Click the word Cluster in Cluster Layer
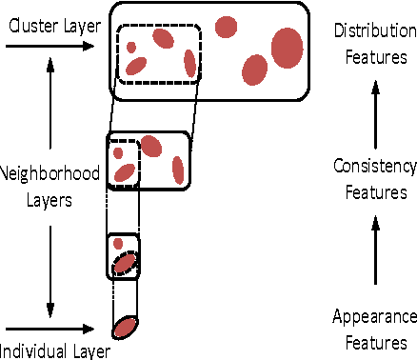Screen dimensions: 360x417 click(29, 24)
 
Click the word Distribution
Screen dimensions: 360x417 click(374, 32)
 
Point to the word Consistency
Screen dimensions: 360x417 click(375, 167)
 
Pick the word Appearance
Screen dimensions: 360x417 click(374, 317)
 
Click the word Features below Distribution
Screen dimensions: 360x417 click(374, 56)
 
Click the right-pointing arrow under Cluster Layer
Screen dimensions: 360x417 click(50, 42)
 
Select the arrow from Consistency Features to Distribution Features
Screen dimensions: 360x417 click(374, 112)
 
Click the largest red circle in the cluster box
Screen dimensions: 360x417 click(287, 48)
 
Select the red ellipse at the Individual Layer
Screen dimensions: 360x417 click(125, 329)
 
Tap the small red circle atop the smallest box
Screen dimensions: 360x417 click(118, 243)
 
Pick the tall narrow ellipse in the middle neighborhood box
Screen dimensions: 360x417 click(178, 170)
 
